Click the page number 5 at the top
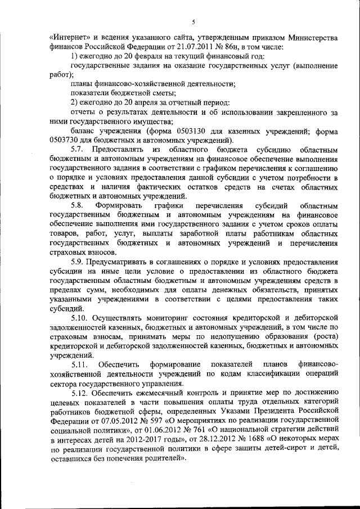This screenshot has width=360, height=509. tap(192, 22)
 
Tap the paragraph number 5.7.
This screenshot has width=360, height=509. tap(79, 150)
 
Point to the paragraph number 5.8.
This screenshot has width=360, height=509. tap(79, 205)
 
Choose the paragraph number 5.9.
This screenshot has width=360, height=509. tap(79, 261)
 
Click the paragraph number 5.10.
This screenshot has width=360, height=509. tap(81, 318)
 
